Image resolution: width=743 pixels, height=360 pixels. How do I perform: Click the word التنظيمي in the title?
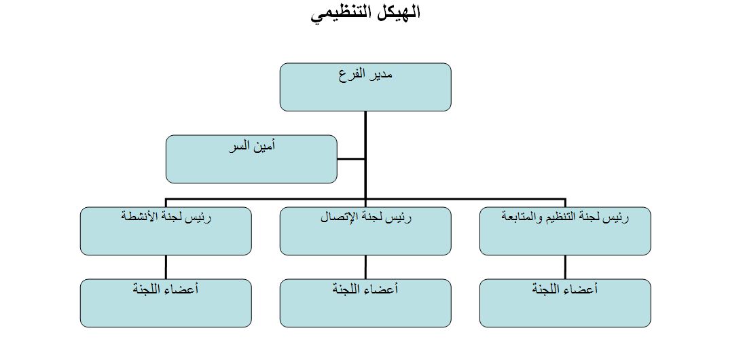(341, 13)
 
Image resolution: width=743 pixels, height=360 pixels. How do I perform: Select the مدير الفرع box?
(365, 87)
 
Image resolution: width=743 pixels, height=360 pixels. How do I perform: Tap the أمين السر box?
(251, 159)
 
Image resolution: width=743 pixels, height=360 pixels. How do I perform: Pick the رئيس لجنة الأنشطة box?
(166, 231)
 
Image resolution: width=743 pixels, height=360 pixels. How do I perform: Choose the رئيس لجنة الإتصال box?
(365, 231)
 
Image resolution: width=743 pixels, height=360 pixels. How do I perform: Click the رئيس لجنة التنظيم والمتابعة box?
(565, 231)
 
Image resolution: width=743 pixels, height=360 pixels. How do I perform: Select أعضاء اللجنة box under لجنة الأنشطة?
(166, 303)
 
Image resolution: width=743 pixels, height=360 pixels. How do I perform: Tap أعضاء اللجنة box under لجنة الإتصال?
(365, 303)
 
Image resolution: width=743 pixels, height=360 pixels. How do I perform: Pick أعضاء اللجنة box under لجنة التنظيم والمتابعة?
(565, 303)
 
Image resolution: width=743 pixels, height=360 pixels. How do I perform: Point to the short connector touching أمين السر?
(351, 159)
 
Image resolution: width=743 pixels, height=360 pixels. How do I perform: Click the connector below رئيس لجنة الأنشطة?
(166, 267)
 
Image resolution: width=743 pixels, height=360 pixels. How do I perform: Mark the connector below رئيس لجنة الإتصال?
(365, 267)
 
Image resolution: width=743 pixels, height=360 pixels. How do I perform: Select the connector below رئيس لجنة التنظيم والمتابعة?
(565, 267)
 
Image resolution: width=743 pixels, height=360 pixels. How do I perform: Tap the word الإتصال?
(338, 217)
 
